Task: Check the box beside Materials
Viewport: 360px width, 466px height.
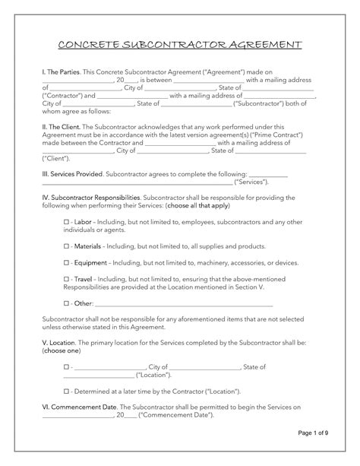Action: click(67, 246)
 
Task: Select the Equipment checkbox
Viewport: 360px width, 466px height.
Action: click(67, 262)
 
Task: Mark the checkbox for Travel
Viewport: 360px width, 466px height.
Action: click(67, 279)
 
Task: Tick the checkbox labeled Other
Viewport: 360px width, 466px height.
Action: click(67, 303)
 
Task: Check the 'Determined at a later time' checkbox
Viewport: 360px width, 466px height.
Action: click(67, 391)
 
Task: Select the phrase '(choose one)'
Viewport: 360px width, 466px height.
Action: click(61, 351)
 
